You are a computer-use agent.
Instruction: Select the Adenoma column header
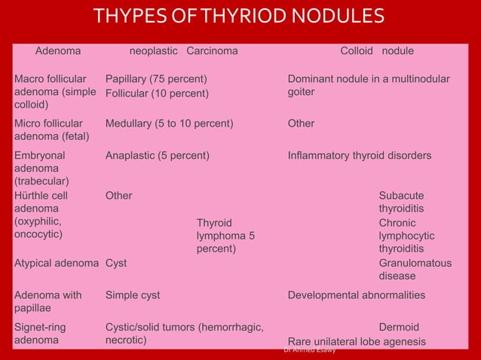click(59, 51)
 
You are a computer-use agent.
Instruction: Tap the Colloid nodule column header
click(377, 51)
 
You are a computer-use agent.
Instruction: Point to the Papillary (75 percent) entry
click(156, 79)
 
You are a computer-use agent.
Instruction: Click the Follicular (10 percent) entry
click(156, 93)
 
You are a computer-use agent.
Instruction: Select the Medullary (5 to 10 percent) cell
click(168, 123)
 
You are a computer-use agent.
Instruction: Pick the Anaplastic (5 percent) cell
click(157, 156)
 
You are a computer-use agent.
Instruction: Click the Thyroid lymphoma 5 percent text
click(225, 236)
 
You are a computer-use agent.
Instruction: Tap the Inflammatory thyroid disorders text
click(360, 156)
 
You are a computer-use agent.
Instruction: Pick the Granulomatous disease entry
click(415, 270)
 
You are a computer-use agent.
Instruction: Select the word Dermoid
click(399, 328)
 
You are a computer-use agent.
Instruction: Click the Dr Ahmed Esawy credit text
click(309, 350)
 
